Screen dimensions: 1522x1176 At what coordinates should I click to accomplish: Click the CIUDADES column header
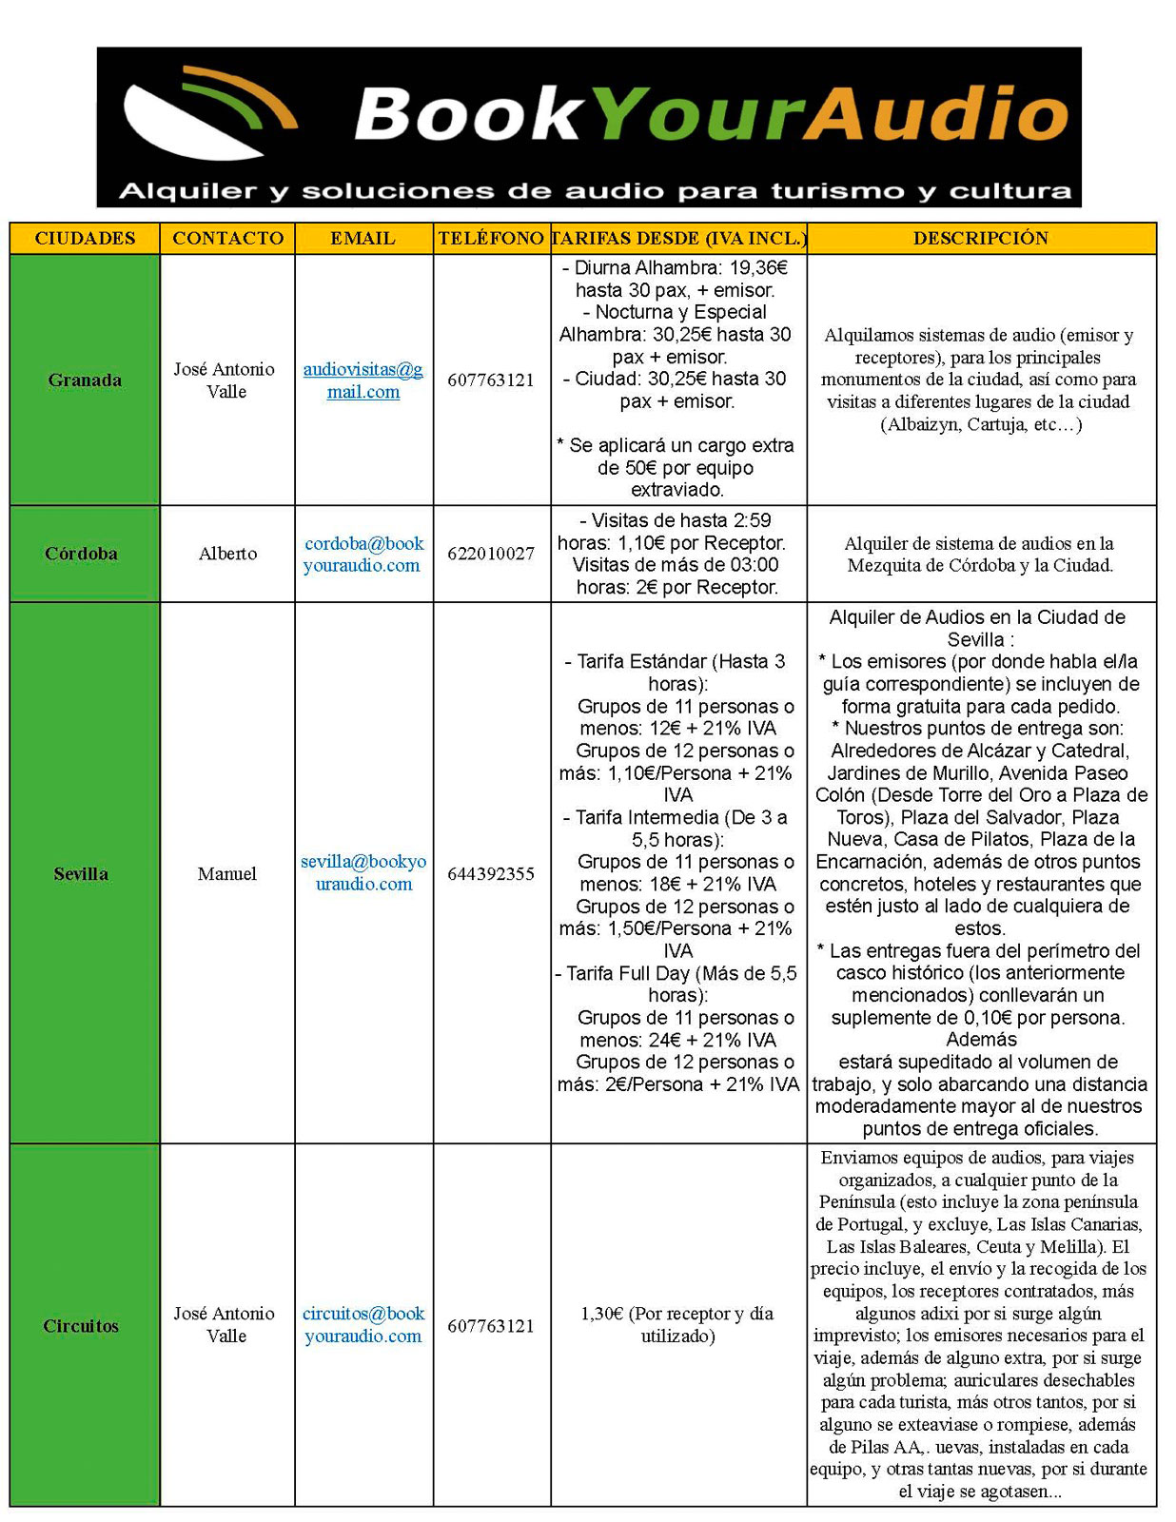click(85, 238)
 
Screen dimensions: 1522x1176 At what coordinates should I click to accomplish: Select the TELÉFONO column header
click(491, 238)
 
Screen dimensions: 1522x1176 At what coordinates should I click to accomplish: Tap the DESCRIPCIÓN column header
click(981, 238)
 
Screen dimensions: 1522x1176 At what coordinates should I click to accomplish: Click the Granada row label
click(85, 380)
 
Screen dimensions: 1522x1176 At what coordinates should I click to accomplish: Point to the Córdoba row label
click(82, 554)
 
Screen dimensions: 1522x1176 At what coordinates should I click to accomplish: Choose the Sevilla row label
click(81, 873)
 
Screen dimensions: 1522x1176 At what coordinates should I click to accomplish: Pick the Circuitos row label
click(81, 1325)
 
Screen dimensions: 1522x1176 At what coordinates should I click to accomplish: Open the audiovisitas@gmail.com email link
click(363, 380)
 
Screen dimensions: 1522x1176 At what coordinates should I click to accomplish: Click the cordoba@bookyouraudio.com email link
click(363, 554)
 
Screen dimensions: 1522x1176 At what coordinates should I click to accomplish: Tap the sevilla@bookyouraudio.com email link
click(363, 872)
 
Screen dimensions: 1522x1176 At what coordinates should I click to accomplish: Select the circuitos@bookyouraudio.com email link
click(363, 1324)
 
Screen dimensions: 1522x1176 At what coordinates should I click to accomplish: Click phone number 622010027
click(491, 554)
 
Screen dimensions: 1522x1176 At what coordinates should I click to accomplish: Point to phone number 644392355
click(491, 873)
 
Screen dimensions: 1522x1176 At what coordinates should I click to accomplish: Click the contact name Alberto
click(227, 554)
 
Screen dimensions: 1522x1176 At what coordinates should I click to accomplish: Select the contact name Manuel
click(227, 873)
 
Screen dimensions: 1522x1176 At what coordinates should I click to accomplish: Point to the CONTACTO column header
click(227, 238)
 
